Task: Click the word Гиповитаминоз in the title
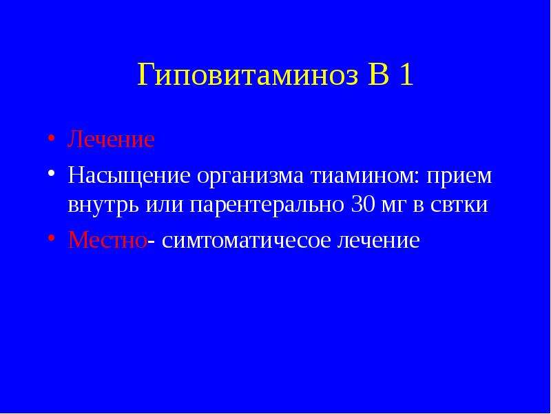[248, 75]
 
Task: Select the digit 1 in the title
[406, 75]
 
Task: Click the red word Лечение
[111, 139]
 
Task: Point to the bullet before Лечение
[51, 137]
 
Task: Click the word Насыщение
[129, 176]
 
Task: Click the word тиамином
[364, 176]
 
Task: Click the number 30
[363, 204]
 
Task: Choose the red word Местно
[107, 240]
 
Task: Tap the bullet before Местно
[51, 238]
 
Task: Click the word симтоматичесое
[247, 240]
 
